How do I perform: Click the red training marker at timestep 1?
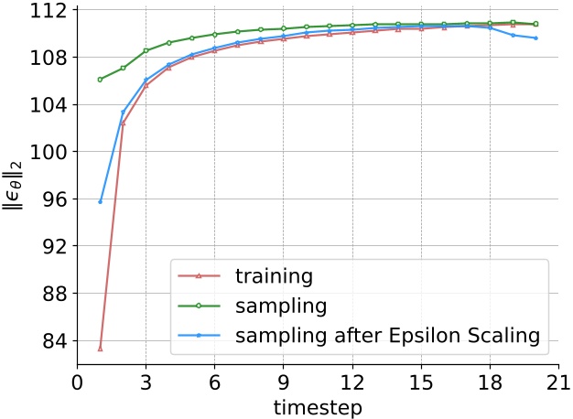click(x=100, y=349)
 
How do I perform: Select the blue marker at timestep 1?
click(x=100, y=201)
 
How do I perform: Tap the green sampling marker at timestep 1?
click(x=100, y=80)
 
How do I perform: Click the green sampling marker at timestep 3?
click(x=146, y=50)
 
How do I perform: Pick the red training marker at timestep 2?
click(x=123, y=123)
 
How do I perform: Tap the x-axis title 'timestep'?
click(x=318, y=405)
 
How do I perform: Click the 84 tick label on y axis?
click(x=53, y=341)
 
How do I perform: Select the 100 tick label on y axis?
click(x=49, y=152)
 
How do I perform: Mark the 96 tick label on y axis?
click(x=53, y=199)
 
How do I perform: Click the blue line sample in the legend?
click(x=200, y=337)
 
